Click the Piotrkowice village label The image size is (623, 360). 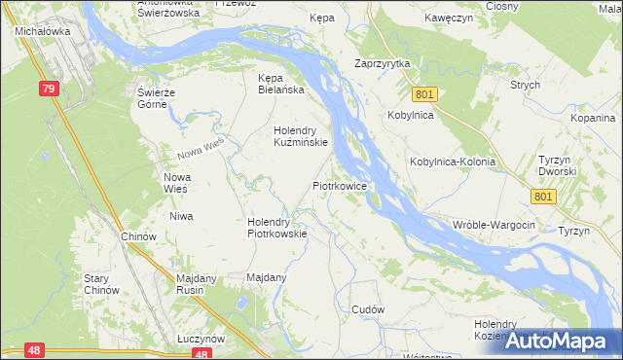click(339, 184)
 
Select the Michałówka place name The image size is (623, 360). click(39, 31)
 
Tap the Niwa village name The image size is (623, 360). click(181, 216)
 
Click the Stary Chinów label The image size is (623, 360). click(101, 284)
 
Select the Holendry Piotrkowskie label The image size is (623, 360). click(277, 227)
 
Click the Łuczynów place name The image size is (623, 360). click(201, 338)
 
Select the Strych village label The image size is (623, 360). click(525, 85)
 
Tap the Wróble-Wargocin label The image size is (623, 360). click(495, 225)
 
